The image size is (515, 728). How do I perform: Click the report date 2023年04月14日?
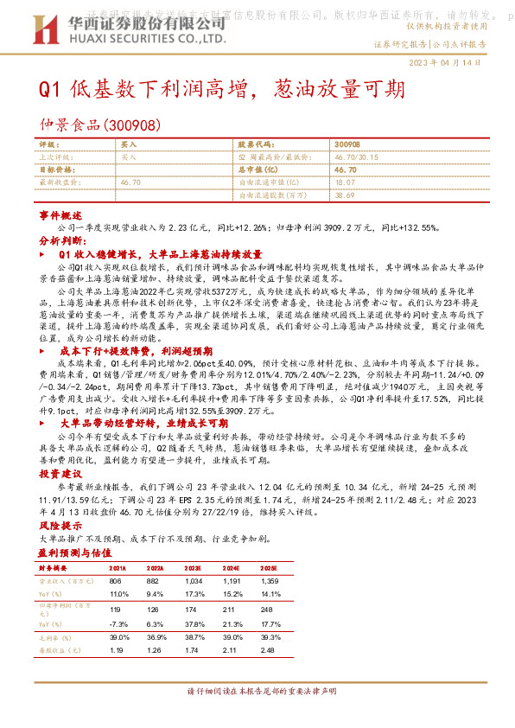462,65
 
